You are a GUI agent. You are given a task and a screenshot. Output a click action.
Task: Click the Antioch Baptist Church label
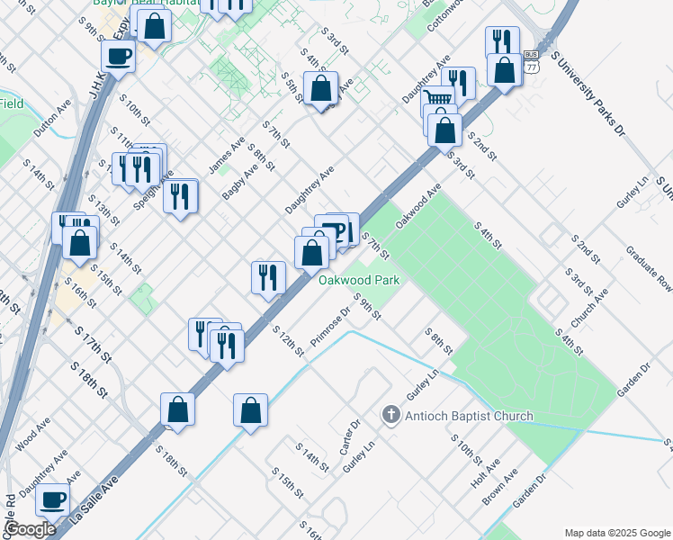[468, 416]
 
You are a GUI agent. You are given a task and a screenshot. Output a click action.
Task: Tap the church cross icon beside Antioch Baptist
[390, 415]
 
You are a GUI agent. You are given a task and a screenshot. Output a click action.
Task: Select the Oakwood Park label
[359, 280]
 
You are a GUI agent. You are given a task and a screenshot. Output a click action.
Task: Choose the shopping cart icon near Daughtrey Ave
[437, 100]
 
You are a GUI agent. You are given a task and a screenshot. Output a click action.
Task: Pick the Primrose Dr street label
[329, 329]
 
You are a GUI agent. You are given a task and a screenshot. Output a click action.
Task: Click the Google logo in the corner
[31, 528]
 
